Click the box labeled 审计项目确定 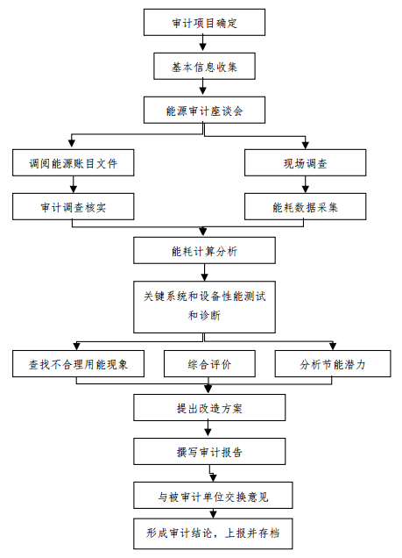click(204, 22)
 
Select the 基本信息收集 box click(204, 66)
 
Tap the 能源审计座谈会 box click(204, 111)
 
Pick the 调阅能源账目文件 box click(73, 163)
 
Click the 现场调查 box click(306, 163)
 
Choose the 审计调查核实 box click(73, 207)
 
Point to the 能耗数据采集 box click(306, 207)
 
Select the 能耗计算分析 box click(204, 251)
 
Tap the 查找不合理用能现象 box click(73, 364)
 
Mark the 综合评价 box click(209, 364)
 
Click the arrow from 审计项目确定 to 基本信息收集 click(204, 44)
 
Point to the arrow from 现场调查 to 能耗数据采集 click(306, 185)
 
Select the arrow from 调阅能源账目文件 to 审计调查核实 click(73, 185)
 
